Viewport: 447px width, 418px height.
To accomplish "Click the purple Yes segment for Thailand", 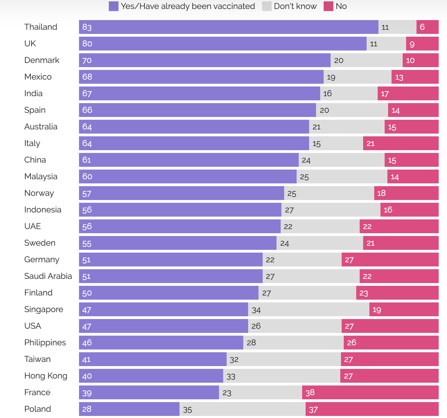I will point(229,27).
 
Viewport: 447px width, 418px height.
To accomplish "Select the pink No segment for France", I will point(370,392).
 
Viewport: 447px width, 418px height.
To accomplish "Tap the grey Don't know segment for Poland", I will point(243,409).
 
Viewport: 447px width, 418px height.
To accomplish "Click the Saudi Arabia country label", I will point(48,276).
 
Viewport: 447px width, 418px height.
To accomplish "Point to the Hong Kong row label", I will point(46,376).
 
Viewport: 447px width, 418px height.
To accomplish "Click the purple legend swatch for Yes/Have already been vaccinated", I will point(114,6).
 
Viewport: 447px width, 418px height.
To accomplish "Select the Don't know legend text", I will point(295,6).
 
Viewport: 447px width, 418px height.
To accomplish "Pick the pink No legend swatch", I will point(328,6).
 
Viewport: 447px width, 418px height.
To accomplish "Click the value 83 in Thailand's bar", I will point(87,27).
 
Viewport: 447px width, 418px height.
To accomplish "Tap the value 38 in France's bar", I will point(310,392).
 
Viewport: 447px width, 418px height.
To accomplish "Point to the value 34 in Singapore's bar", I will point(256,310).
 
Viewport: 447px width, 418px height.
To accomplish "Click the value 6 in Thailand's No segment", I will point(422,27).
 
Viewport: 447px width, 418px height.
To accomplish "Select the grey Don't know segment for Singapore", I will point(308,309).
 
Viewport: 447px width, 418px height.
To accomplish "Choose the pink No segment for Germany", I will point(390,260).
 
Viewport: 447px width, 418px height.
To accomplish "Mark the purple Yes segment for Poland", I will point(129,409).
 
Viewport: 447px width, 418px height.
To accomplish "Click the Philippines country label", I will point(45,343).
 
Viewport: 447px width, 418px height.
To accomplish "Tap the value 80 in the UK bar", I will point(87,44).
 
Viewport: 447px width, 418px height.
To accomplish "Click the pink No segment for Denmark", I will point(420,60).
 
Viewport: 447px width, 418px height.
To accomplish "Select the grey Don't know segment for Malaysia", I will point(342,176).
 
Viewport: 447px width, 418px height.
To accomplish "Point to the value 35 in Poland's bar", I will point(187,410).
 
